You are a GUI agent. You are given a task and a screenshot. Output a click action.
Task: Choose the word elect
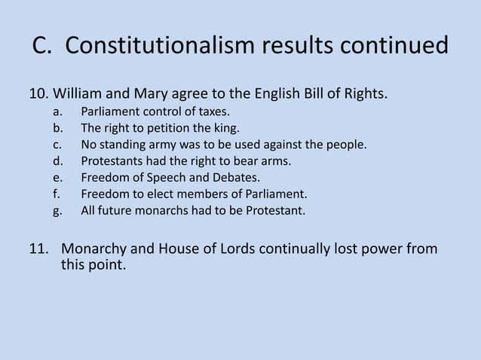click(159, 194)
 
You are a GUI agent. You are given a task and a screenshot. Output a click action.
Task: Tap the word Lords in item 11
click(228, 249)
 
